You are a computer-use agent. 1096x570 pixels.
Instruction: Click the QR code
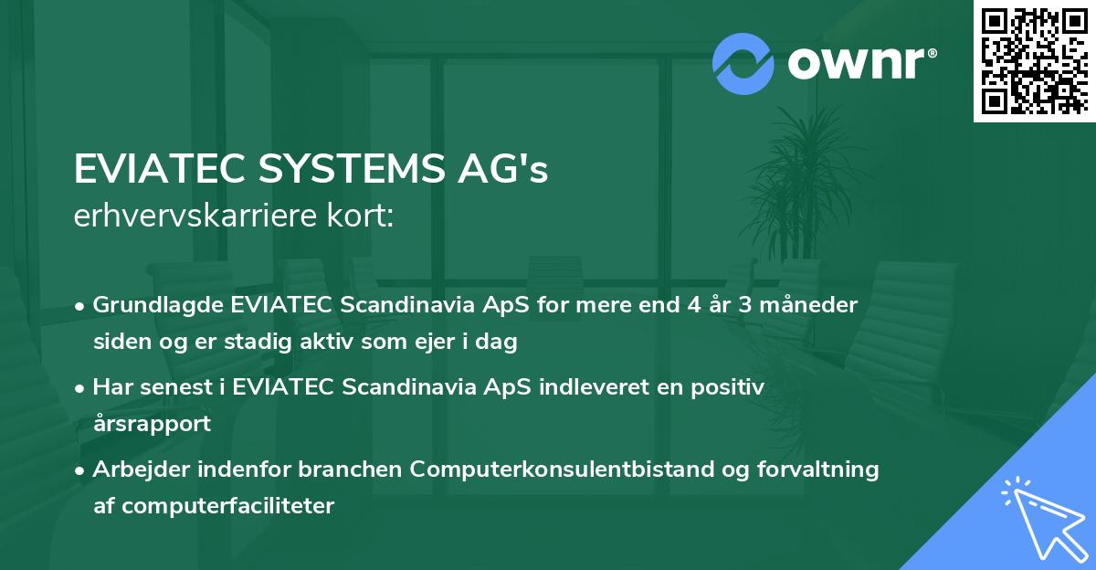point(1034,60)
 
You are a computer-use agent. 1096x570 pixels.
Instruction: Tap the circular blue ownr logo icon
point(743,64)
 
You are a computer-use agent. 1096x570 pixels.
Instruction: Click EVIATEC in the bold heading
point(147,170)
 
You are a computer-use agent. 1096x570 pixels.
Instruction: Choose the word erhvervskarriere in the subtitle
point(188,216)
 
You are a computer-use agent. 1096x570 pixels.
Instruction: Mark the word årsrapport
point(152,424)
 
